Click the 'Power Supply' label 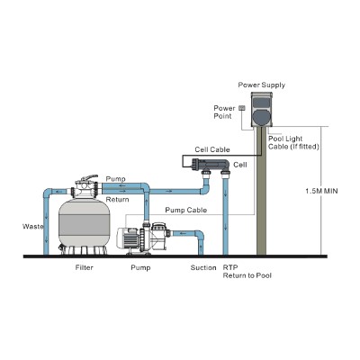(x=261, y=85)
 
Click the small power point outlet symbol (x=241, y=108)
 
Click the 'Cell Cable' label (x=211, y=149)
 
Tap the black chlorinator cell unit (x=209, y=164)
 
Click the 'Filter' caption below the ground (x=83, y=267)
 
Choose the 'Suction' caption (x=203, y=267)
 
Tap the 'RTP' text (x=230, y=267)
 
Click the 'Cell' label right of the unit (x=240, y=166)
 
